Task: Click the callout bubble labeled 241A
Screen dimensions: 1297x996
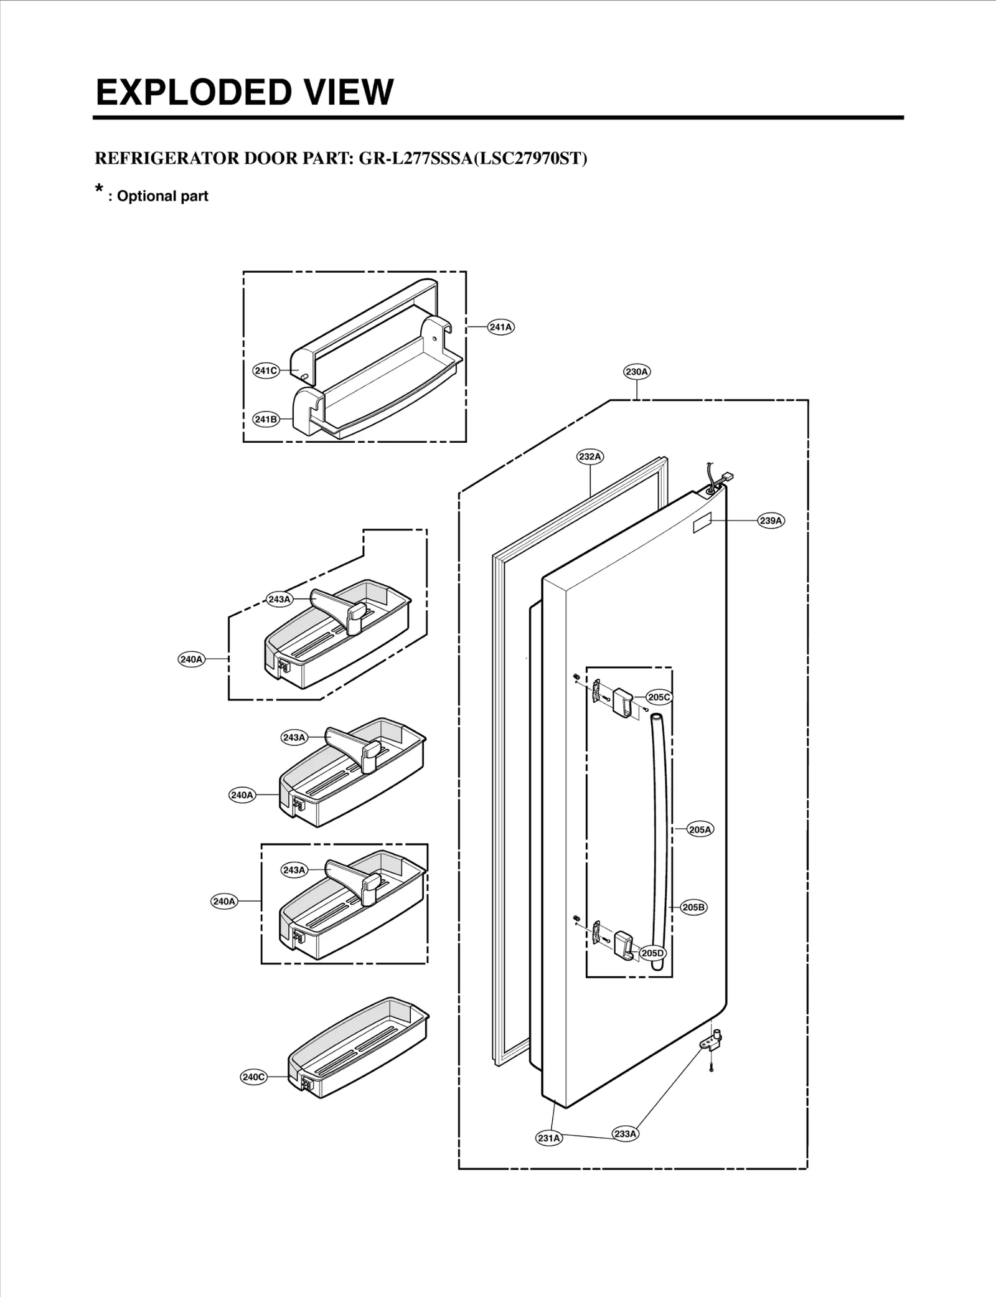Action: point(500,327)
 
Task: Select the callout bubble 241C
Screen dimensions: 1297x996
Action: point(265,370)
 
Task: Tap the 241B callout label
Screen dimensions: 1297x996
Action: point(266,419)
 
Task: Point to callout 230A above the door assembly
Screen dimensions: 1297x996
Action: point(637,372)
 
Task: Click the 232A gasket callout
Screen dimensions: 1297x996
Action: point(590,456)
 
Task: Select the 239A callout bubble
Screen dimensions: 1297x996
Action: point(771,521)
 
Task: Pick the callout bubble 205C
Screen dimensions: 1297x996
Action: point(659,697)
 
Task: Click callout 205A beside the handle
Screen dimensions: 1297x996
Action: point(700,829)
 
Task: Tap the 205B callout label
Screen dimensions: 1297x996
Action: point(693,907)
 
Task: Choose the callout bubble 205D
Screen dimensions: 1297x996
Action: point(652,953)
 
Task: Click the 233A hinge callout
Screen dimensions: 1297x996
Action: point(625,1134)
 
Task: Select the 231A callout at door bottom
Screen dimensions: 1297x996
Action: point(548,1138)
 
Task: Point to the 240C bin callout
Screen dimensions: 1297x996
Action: point(253,1077)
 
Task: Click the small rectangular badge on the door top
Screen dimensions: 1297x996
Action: point(702,523)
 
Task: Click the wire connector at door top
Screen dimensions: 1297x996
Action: point(725,478)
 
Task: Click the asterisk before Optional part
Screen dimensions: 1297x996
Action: point(99,189)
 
